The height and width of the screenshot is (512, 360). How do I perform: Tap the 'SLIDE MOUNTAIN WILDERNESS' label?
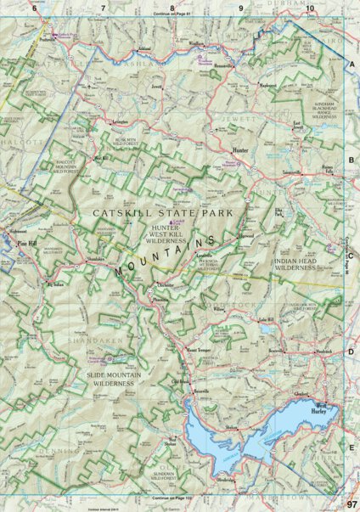(115, 379)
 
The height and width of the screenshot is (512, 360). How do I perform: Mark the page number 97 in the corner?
(349, 504)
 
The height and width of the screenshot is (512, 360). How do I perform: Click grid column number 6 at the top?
(35, 8)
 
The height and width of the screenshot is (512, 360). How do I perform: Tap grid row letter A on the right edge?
(352, 65)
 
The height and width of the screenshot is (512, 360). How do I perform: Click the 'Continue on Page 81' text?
(176, 14)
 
